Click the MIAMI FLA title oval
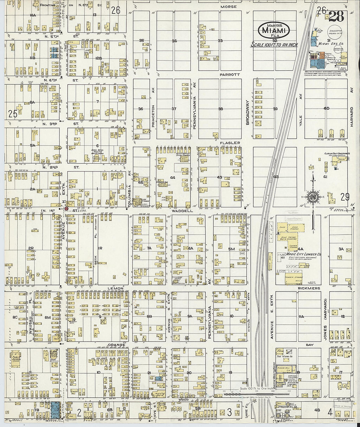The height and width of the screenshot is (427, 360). [274, 30]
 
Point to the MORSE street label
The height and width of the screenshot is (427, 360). [228, 7]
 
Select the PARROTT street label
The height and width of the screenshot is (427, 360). [229, 75]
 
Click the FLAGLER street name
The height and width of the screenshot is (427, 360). [230, 143]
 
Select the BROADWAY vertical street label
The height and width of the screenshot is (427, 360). [247, 112]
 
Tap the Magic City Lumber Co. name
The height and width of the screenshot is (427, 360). [303, 254]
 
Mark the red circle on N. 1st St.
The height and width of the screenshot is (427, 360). [66, 208]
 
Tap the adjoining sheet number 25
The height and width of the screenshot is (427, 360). [13, 114]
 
